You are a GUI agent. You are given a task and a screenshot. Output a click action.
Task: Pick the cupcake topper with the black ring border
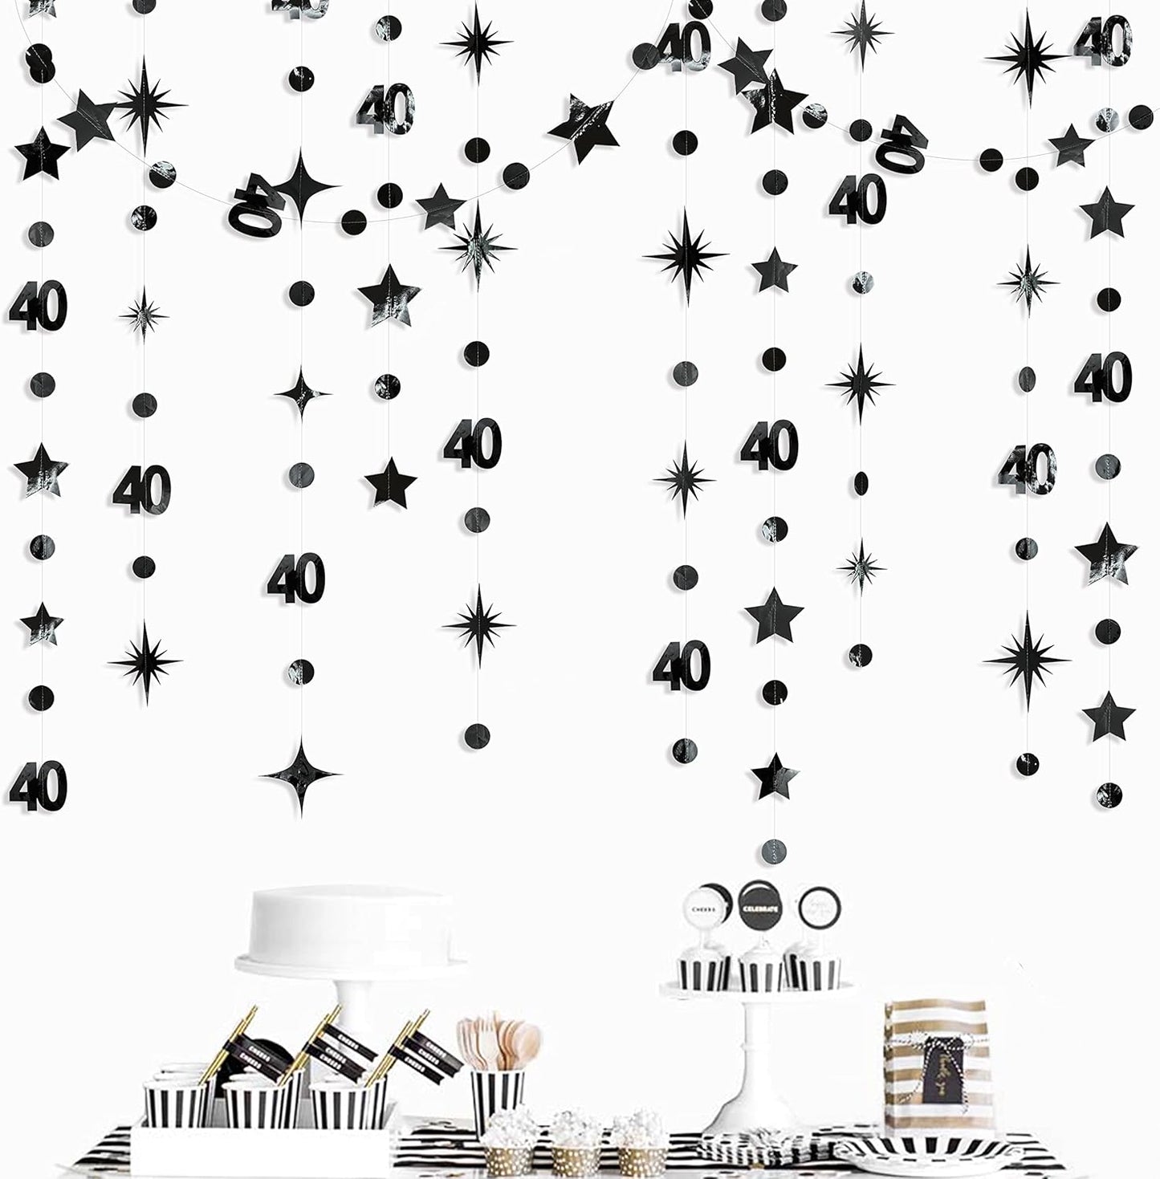818,908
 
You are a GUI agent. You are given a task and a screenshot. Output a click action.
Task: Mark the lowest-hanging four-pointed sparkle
301,774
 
